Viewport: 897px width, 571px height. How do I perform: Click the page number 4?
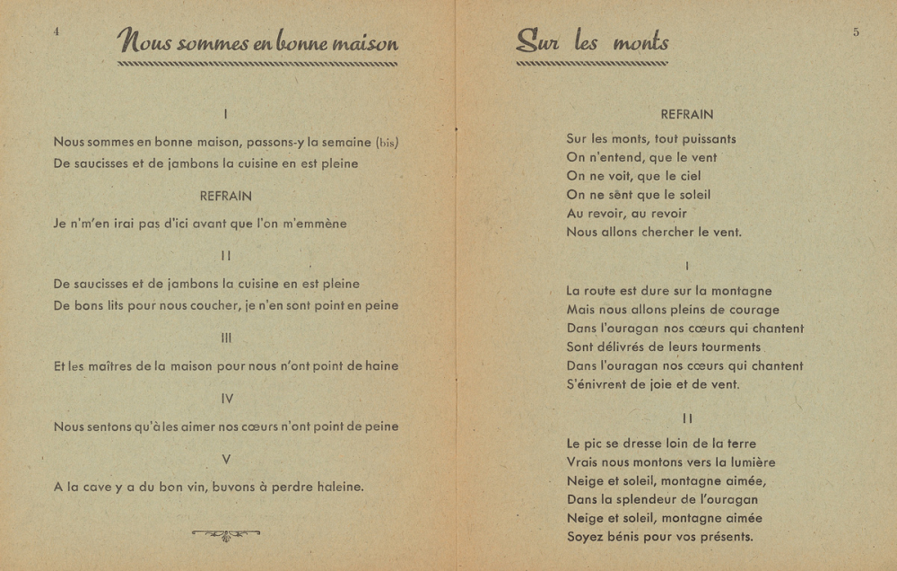[57, 31]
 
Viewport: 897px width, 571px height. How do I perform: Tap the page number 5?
[856, 31]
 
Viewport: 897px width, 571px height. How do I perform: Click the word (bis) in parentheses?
[388, 142]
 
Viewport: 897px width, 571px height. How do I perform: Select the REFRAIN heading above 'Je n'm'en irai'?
[226, 196]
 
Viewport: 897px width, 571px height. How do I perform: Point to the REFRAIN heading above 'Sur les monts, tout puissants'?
[687, 115]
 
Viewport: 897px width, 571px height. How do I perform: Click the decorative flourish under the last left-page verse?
[226, 535]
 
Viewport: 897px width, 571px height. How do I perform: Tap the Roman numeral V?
[226, 460]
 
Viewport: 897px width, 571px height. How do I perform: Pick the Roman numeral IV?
[226, 399]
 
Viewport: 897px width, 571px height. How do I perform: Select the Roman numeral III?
[226, 338]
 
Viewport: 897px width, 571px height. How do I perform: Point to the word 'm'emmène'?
[313, 224]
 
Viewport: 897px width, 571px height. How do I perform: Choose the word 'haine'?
[381, 366]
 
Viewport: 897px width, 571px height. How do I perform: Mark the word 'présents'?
[725, 538]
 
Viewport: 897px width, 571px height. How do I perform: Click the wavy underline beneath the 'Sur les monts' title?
[592, 64]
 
